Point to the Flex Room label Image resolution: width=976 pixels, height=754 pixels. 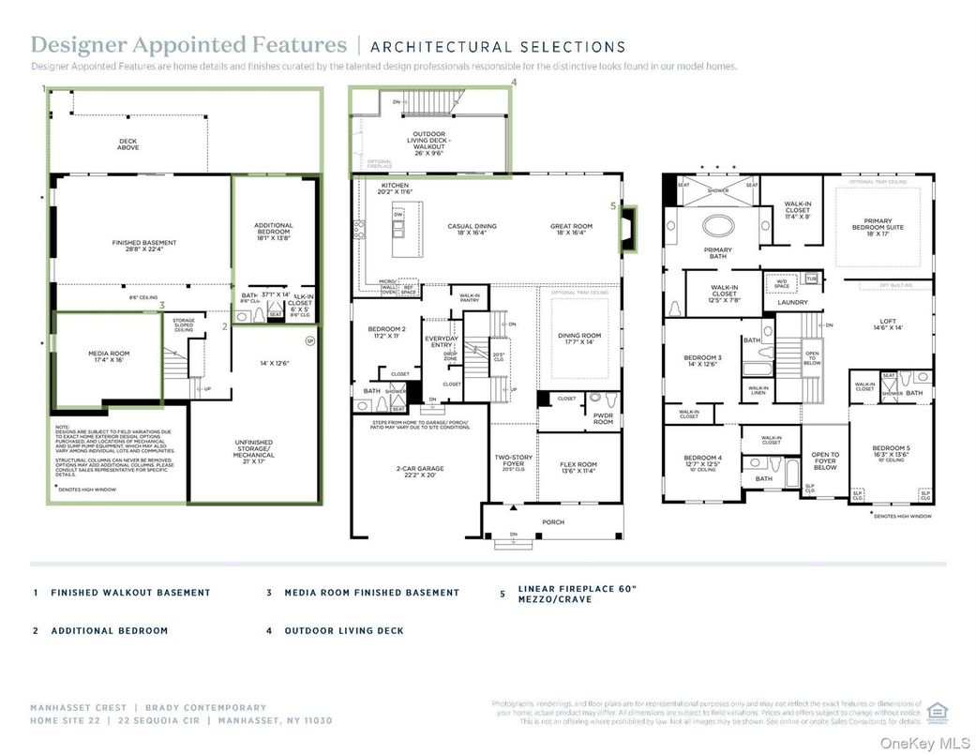pyautogui.click(x=578, y=467)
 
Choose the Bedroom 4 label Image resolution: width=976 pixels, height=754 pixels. pyautogui.click(x=702, y=460)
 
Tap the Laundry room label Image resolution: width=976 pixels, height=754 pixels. pyautogui.click(x=793, y=302)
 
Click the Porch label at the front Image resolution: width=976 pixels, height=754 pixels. pyautogui.click(x=553, y=521)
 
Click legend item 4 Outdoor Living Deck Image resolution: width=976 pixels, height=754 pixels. pyautogui.click(x=343, y=631)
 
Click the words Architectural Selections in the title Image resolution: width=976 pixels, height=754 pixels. pyautogui.click(x=498, y=46)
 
